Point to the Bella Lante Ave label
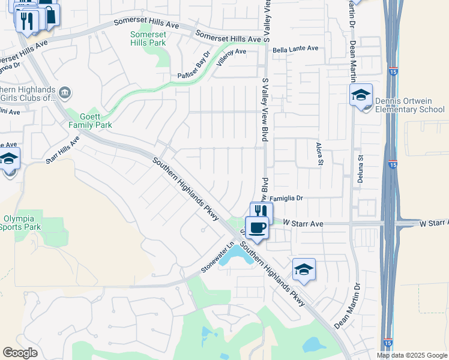295,51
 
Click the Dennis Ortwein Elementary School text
409,106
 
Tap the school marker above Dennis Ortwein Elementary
361,95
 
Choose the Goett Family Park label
89,121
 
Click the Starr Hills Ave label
63,149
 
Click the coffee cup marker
257,227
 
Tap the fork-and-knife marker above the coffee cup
261,211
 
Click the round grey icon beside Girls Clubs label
65,92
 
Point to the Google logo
20,352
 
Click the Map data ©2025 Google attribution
411,355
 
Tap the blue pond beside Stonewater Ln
235,257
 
